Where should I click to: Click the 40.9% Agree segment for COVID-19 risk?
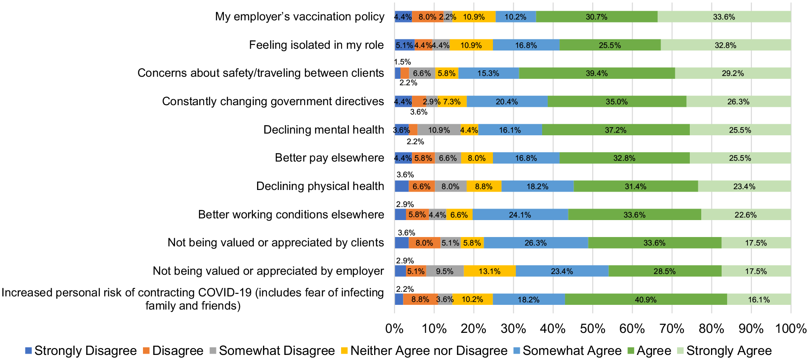(646, 299)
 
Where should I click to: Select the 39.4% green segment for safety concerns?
(597, 73)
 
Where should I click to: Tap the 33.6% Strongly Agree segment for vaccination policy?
(724, 17)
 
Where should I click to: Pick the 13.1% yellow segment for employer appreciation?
(490, 271)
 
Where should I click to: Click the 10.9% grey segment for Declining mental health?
(439, 130)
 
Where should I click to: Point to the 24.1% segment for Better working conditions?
(520, 215)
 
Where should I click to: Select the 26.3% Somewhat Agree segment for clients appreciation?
(536, 243)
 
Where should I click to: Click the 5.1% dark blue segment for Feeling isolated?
(405, 45)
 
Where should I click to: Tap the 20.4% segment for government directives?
(507, 101)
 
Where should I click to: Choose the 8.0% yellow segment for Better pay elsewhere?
(477, 158)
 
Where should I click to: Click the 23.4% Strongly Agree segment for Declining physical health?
(745, 186)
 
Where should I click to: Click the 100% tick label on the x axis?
(791, 329)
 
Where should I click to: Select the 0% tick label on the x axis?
(395, 329)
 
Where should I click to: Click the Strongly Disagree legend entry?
(81, 351)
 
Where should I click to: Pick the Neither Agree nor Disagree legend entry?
(424, 351)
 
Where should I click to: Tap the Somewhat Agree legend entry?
(567, 351)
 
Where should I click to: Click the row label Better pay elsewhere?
(330, 158)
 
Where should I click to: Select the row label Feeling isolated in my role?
(316, 45)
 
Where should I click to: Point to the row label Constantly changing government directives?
(273, 101)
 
